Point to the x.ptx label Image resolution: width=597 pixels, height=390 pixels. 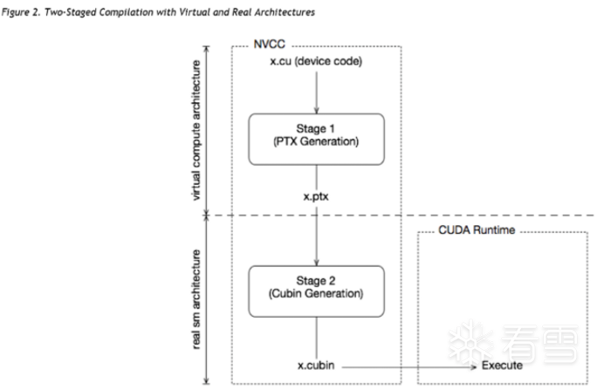pyautogui.click(x=316, y=197)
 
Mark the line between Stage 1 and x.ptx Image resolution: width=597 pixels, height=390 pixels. pyautogui.click(x=316, y=177)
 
